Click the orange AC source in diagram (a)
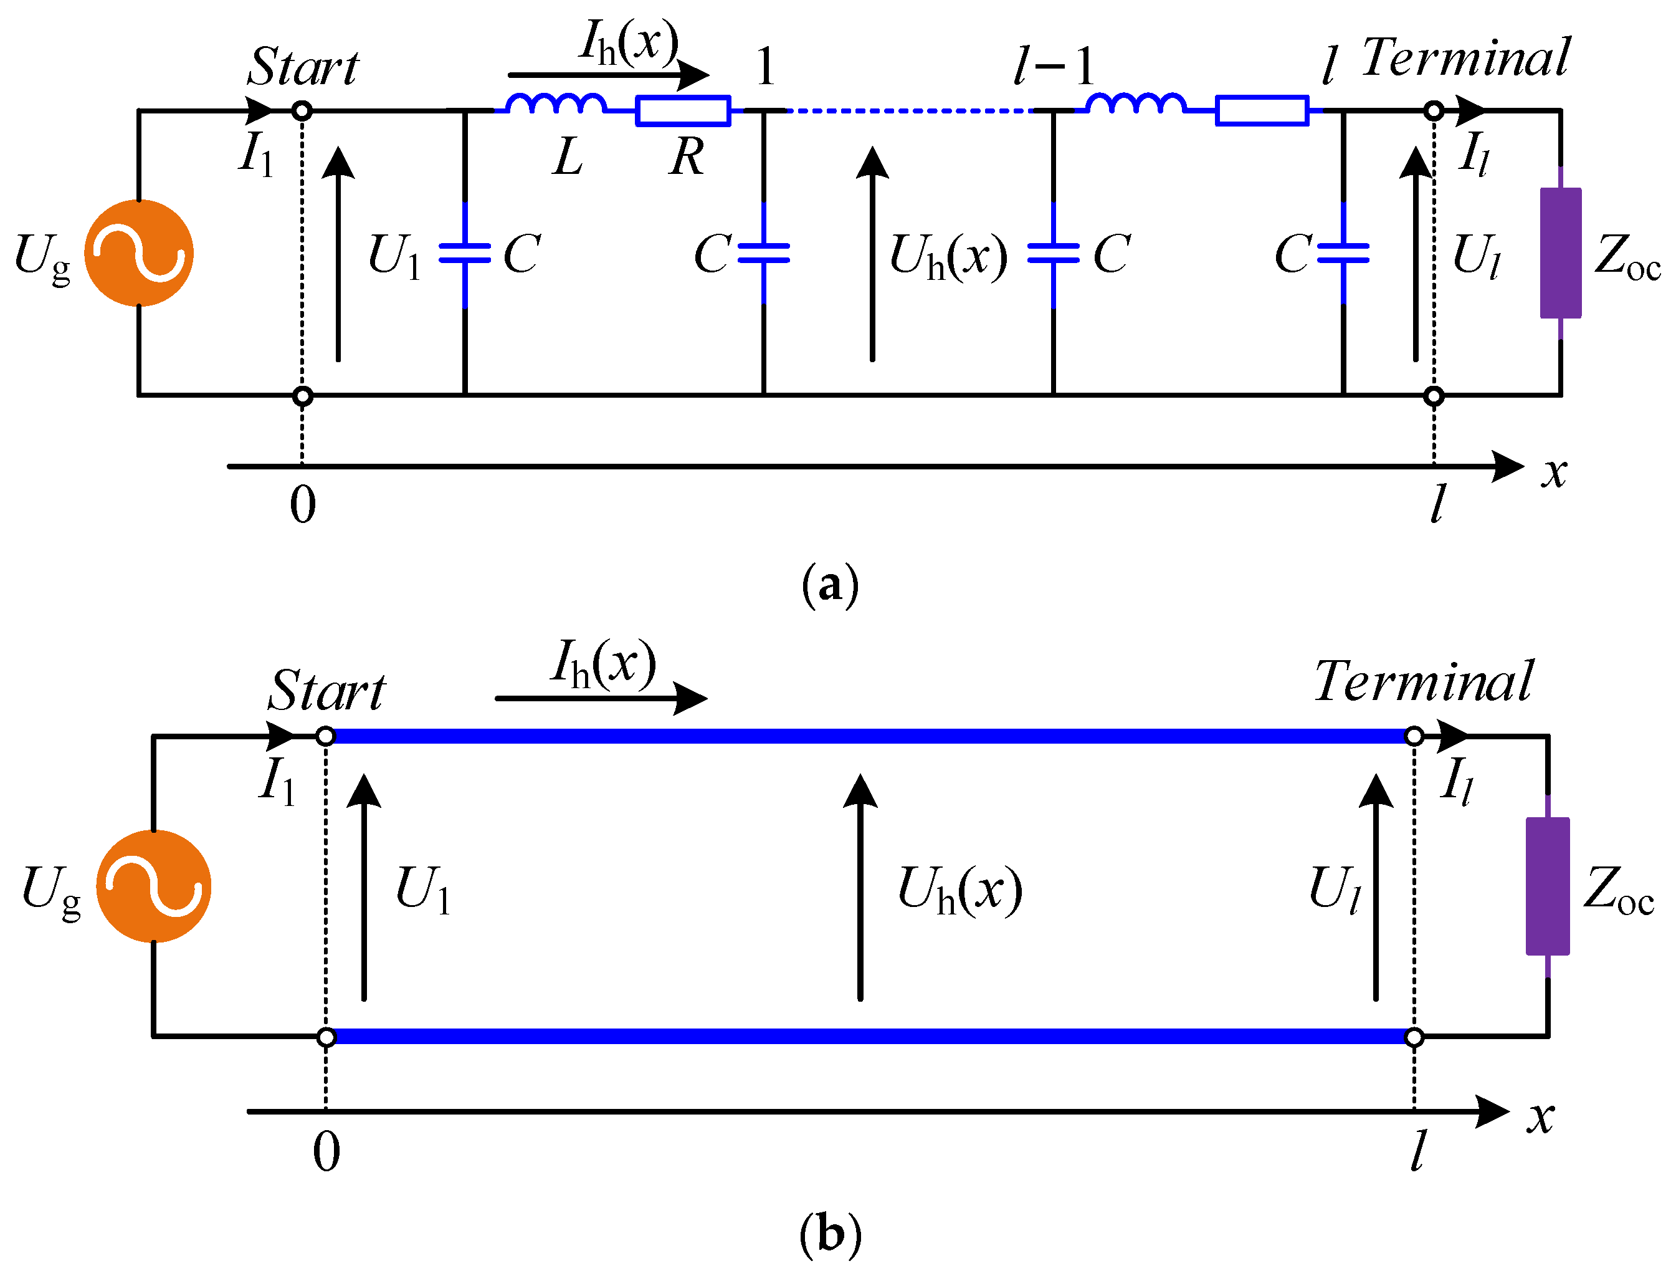coord(139,253)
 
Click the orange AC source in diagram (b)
coord(154,886)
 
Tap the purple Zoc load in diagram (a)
coord(1560,253)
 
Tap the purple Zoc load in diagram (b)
coord(1547,886)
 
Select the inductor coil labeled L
coord(555,105)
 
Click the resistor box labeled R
coord(683,111)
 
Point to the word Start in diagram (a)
coord(303,67)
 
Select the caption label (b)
coord(830,1234)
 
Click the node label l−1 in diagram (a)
coord(1055,67)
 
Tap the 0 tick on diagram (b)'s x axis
coord(326,1153)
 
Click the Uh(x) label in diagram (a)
coord(948,256)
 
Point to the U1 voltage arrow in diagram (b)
coord(364,887)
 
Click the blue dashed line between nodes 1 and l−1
coord(909,111)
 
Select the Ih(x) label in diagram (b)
coord(603,664)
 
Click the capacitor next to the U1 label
coord(464,253)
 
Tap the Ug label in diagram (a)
coord(42,257)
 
